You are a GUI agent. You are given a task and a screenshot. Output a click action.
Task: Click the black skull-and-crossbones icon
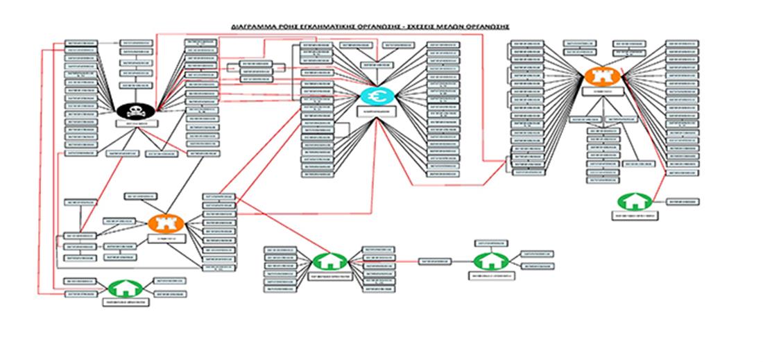coord(137,109)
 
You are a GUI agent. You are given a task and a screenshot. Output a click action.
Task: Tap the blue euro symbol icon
coord(377,96)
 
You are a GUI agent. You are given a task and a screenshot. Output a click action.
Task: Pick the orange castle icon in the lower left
coord(165,223)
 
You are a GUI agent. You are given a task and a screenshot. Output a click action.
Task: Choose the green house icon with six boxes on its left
coord(327,261)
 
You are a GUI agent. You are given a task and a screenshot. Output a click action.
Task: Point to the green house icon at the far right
coord(634,201)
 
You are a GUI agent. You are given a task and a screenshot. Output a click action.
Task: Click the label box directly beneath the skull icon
coord(137,124)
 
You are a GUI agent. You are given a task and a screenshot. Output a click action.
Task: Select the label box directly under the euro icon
coord(377,110)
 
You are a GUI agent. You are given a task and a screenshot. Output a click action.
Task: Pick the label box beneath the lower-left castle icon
coord(165,239)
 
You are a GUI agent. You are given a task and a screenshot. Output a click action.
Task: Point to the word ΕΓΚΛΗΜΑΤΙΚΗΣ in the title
coord(312,26)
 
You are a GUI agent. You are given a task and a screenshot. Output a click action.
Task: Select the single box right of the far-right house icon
coord(683,201)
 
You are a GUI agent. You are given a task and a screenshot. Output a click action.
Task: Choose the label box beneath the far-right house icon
coord(634,216)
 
